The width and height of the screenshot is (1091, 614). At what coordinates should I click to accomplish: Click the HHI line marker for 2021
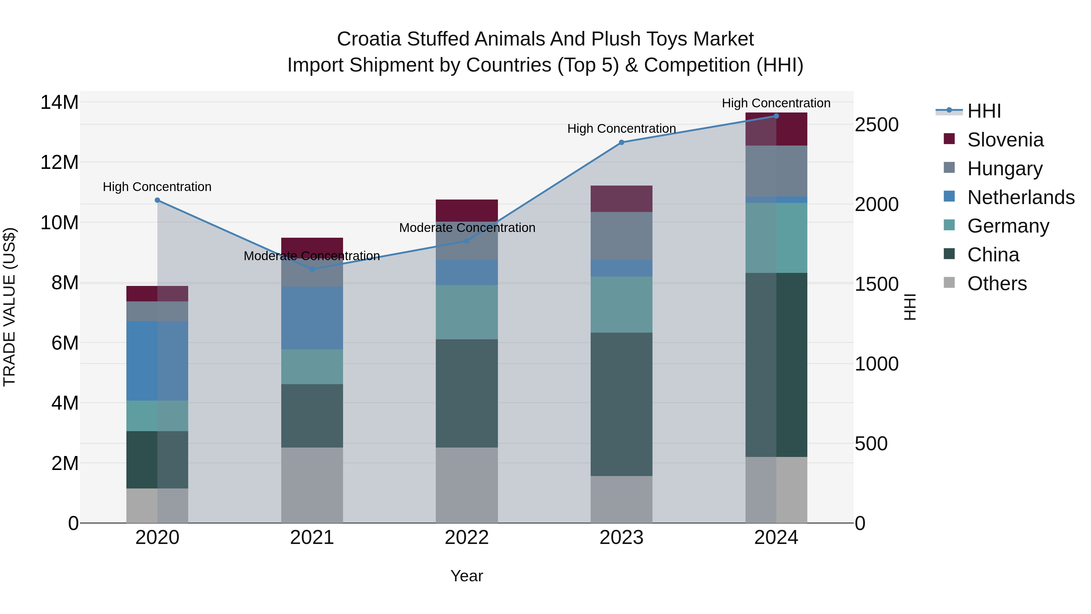click(312, 269)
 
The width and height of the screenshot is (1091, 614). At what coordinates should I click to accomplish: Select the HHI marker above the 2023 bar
click(621, 143)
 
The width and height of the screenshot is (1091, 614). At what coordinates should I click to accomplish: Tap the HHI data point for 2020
click(157, 200)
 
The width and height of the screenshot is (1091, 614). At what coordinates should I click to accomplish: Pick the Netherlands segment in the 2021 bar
click(312, 318)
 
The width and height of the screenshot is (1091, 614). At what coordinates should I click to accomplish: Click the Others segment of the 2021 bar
click(312, 485)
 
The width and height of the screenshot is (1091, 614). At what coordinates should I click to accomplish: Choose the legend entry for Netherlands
click(1021, 197)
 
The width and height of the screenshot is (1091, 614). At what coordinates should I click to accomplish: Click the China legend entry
click(993, 255)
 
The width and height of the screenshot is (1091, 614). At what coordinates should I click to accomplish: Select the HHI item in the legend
click(984, 111)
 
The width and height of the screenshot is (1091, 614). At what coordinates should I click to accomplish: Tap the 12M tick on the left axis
click(59, 162)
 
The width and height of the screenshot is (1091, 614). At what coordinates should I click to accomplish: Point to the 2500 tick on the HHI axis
click(876, 125)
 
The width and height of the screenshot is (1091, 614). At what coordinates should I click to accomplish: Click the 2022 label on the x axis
click(467, 538)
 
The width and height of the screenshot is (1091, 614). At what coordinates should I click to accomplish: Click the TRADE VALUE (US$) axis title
click(9, 307)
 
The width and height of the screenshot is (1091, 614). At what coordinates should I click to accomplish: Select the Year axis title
click(467, 576)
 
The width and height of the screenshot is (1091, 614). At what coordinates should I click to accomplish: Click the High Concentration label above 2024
click(776, 103)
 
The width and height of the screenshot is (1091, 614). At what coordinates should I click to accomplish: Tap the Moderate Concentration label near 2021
click(312, 256)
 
